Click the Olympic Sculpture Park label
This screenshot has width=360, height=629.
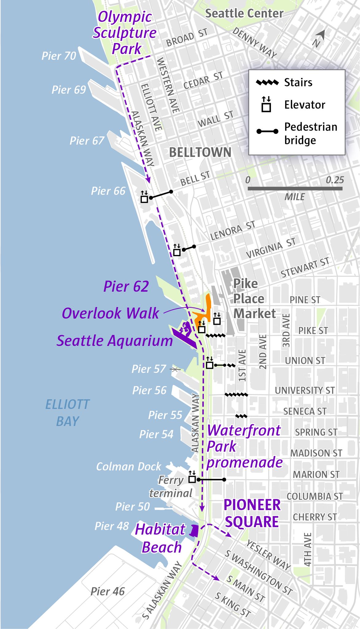pos(125,33)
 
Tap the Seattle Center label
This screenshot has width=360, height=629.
pos(244,14)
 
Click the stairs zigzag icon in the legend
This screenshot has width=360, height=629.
pos(267,82)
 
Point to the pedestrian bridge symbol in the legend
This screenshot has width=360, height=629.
pos(267,131)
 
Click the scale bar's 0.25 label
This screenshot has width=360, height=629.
pos(335,180)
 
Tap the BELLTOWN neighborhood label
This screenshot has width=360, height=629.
pos(200,152)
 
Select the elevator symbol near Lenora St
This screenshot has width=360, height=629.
pos(177,250)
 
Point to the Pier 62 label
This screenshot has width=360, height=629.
pos(126,286)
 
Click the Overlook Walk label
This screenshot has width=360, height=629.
pos(110,313)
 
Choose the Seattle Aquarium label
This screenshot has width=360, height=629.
pos(115,341)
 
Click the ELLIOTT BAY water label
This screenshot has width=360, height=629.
pos(67,413)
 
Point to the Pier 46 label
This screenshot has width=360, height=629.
pos(108,591)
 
